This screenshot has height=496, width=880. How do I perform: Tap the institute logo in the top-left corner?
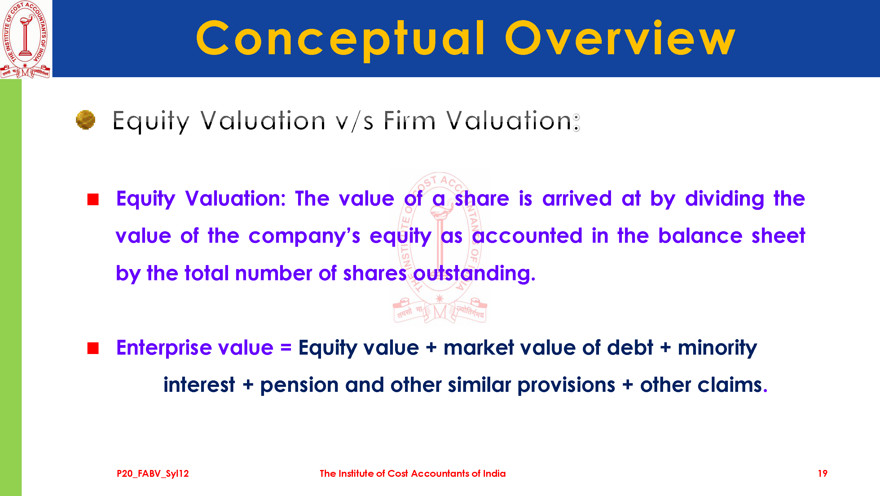click(26, 39)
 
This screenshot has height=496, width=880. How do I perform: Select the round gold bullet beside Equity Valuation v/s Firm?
click(86, 120)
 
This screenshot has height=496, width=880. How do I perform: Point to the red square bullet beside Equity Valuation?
click(93, 199)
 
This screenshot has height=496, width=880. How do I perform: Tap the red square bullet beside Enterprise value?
click(93, 348)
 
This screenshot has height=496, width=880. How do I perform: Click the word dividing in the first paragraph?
click(724, 199)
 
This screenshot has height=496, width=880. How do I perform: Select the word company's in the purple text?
click(304, 237)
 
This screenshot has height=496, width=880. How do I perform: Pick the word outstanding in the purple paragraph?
click(474, 273)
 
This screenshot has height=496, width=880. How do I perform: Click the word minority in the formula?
click(717, 348)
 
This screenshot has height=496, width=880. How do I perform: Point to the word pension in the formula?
click(299, 386)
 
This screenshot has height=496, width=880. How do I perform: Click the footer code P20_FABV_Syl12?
click(153, 474)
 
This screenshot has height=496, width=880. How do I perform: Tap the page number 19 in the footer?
click(823, 473)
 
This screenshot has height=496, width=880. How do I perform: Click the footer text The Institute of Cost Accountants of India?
click(413, 473)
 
